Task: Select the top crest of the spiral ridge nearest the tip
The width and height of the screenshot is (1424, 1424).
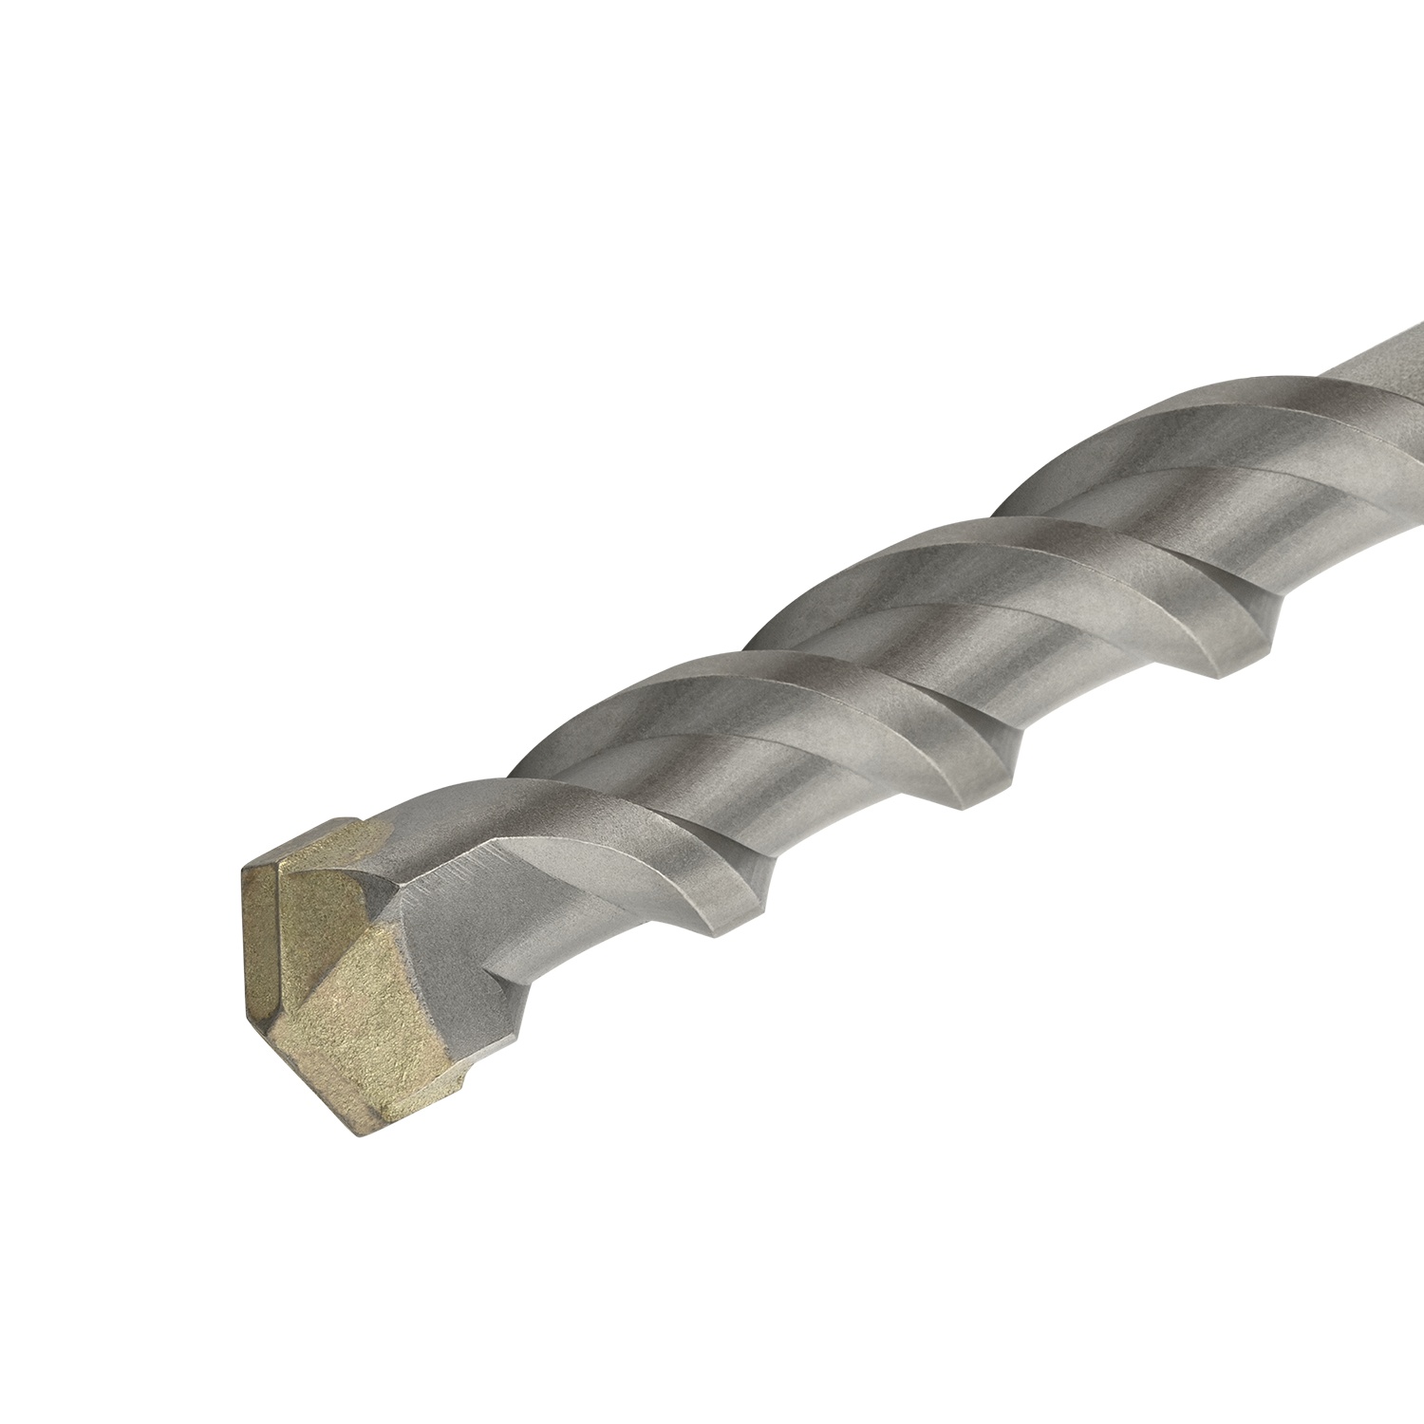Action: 646,679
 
